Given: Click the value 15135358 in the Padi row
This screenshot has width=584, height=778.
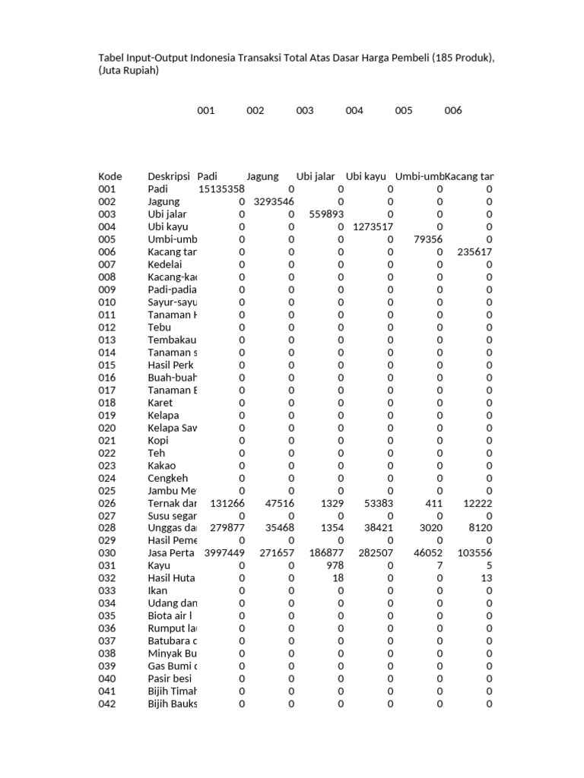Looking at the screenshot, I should point(221,189).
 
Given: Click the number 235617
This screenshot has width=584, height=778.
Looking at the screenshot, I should point(474,252).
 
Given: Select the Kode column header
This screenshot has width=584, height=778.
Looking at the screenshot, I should point(110,176).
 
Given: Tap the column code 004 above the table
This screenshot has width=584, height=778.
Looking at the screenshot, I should point(354,110).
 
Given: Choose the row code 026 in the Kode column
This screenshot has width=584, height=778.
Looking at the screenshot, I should point(107,503).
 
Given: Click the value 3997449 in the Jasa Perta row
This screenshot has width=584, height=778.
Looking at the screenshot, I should point(224,553).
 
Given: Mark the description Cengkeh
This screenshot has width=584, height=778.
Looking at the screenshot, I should point(168,478).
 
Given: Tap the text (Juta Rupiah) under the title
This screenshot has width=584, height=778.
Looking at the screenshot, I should point(129,71).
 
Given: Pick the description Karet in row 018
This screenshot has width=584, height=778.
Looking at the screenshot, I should point(160,403).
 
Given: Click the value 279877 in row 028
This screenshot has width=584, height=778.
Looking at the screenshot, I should point(227,528).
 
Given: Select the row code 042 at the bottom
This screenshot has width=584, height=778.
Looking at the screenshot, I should point(107,704).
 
